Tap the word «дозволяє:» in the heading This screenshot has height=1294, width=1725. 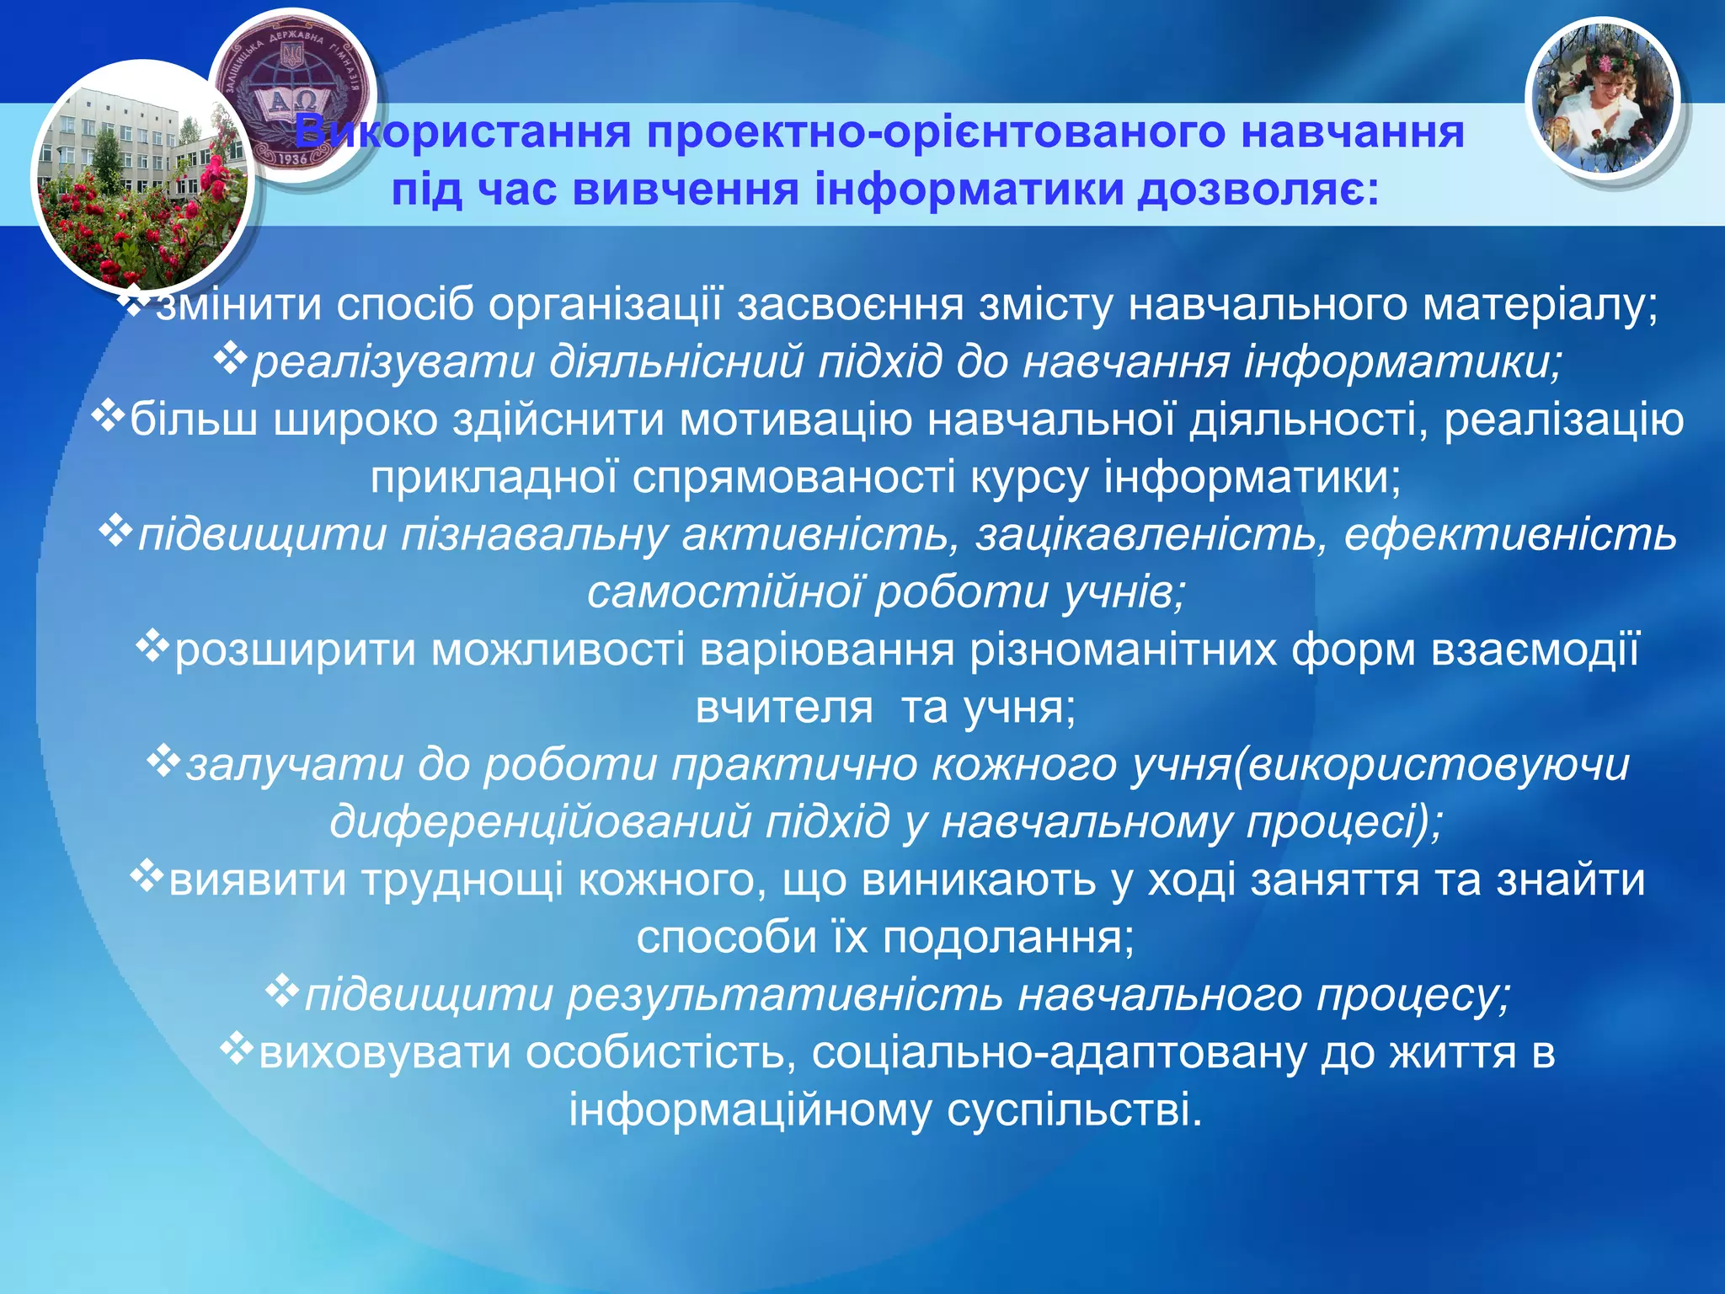(x=1258, y=190)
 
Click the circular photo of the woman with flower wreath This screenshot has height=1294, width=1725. (x=1602, y=99)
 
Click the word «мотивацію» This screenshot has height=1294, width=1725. (x=796, y=420)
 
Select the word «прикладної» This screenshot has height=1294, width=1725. (x=494, y=477)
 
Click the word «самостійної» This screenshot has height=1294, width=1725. (x=724, y=592)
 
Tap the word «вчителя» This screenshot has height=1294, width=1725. (x=784, y=708)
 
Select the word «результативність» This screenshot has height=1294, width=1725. (x=784, y=995)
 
